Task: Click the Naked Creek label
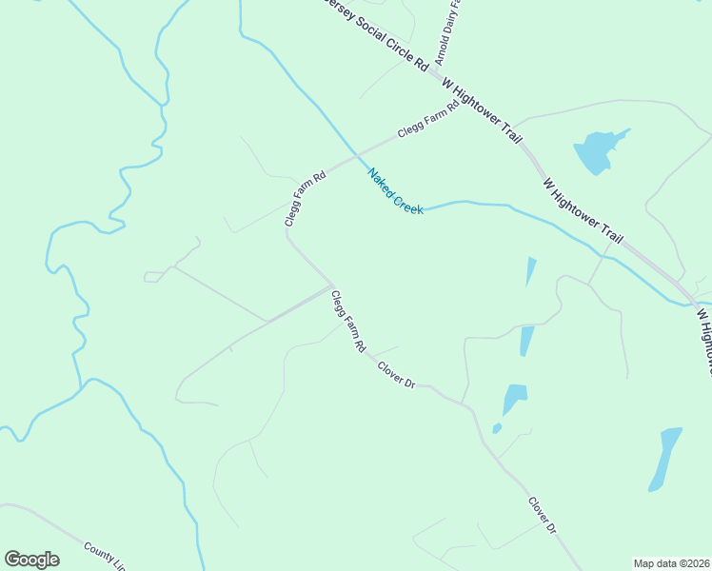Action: [396, 191]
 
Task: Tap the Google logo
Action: [31, 560]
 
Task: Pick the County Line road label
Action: [105, 555]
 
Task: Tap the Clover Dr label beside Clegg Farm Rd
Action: [397, 374]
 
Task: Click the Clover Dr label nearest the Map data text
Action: [542, 515]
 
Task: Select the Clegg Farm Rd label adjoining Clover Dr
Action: [348, 322]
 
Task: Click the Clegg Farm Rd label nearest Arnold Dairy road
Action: [427, 119]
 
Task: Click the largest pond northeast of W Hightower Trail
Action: [597, 150]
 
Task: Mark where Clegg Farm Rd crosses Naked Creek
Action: [359, 156]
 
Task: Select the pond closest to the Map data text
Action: [665, 458]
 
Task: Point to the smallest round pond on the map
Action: [497, 429]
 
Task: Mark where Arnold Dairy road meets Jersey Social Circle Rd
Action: [433, 69]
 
